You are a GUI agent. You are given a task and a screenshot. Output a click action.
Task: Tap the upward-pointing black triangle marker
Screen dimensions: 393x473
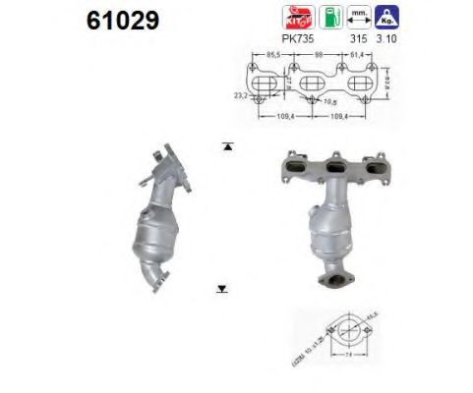[227, 146]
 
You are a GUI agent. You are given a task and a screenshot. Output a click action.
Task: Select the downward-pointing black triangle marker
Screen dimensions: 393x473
[222, 289]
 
